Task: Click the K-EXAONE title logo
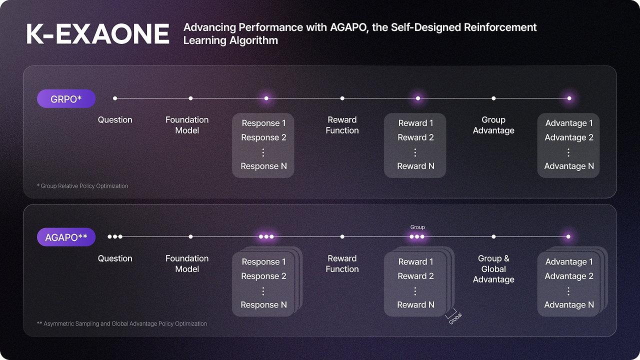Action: [97, 34]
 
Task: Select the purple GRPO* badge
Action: [66, 99]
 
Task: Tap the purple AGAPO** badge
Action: [66, 237]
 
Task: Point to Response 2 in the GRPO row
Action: [263, 137]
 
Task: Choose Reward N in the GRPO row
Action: [415, 166]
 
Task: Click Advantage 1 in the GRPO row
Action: [569, 123]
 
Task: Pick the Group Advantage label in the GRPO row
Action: [493, 125]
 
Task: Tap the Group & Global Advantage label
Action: [493, 269]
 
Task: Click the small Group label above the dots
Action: [417, 227]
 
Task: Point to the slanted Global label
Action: [455, 318]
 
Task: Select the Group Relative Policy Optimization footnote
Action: [82, 186]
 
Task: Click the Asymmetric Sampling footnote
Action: [121, 323]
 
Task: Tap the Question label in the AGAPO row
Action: [115, 258]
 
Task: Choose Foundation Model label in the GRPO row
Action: [187, 125]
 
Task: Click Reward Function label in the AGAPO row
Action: [342, 263]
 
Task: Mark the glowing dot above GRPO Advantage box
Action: [569, 98]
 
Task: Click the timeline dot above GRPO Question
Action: [115, 98]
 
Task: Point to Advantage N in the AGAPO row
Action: [569, 304]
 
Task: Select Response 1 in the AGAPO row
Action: [263, 261]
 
